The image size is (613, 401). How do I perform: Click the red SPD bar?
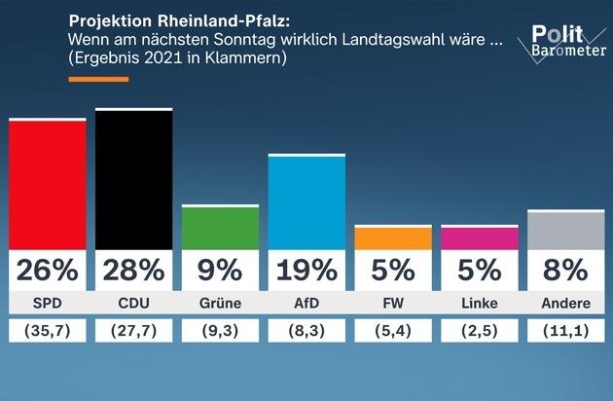(x=48, y=184)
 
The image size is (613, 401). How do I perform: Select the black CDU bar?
(x=133, y=179)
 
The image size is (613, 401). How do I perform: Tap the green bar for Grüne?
(x=221, y=228)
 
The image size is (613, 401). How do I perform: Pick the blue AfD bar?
(x=306, y=202)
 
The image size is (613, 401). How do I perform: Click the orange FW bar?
(x=393, y=238)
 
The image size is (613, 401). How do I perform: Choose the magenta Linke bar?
(x=480, y=238)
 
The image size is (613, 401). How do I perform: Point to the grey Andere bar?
(x=565, y=231)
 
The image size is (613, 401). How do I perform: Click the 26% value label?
(x=48, y=270)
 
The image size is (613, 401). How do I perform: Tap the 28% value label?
(x=133, y=270)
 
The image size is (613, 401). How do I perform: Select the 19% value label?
(x=306, y=270)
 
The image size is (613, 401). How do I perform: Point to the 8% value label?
(x=565, y=270)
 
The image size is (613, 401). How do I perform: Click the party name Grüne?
(x=221, y=304)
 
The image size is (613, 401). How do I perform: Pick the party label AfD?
(x=306, y=304)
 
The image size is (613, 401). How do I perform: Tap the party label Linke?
(x=480, y=304)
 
